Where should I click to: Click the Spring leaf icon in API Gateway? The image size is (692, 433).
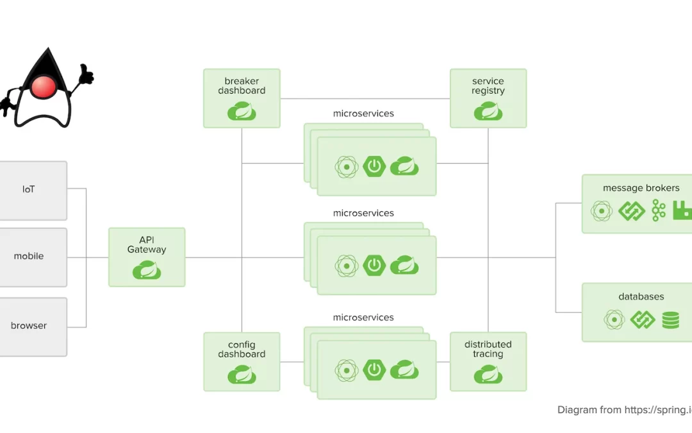click(x=147, y=271)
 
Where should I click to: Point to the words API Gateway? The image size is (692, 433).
click(x=147, y=245)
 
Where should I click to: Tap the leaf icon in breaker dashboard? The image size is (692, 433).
click(x=242, y=112)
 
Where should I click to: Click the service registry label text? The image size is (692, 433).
click(x=488, y=86)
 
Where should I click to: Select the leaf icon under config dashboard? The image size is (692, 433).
click(x=242, y=375)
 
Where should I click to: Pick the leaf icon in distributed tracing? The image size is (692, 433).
click(x=488, y=375)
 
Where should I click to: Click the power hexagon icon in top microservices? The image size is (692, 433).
click(x=374, y=167)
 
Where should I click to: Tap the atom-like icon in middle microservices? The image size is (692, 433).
click(x=346, y=266)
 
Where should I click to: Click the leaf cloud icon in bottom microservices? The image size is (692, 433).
click(x=404, y=370)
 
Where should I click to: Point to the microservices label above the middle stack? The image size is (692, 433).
click(x=363, y=213)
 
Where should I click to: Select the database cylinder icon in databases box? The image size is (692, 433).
click(x=670, y=319)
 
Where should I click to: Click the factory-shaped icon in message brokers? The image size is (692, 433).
click(x=682, y=210)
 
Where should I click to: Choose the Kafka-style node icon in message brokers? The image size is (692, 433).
click(x=659, y=210)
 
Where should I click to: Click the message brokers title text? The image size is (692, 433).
click(x=641, y=188)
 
